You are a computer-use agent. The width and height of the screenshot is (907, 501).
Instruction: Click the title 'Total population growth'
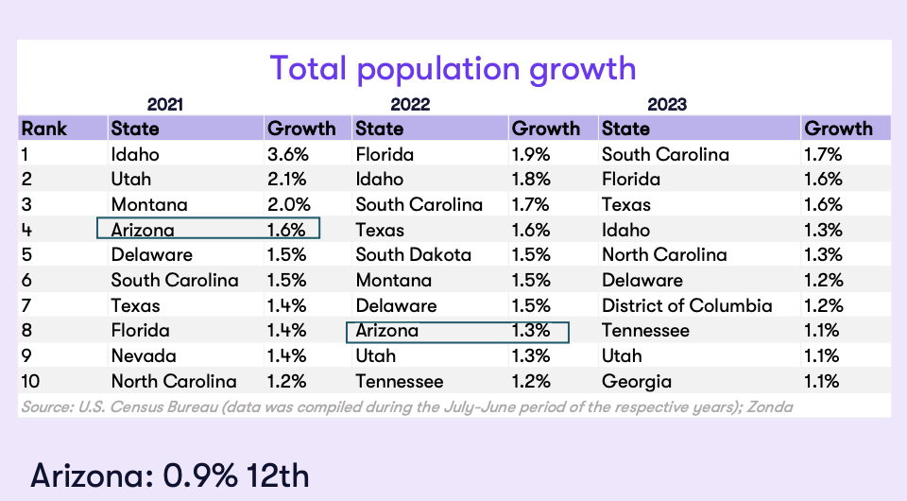[x=453, y=68]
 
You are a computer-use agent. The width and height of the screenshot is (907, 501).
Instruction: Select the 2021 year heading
[x=165, y=104]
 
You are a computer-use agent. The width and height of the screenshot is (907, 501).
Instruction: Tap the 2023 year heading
[x=668, y=104]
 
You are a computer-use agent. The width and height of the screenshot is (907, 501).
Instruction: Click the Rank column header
[x=44, y=129]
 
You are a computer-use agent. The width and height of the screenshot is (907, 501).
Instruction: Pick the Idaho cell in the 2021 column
[x=135, y=154]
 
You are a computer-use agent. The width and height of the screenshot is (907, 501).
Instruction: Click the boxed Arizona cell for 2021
[x=208, y=230]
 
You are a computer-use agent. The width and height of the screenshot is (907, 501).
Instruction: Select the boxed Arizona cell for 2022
[x=457, y=331]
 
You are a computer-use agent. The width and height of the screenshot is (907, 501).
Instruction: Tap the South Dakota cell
[x=413, y=255]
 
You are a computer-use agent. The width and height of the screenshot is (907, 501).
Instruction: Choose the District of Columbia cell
[x=687, y=305]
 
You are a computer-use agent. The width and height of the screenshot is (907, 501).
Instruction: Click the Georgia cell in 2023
[x=637, y=382]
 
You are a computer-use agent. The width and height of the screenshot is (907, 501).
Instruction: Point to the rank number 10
[x=30, y=382]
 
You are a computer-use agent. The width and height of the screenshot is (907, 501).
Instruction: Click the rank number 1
[x=26, y=154]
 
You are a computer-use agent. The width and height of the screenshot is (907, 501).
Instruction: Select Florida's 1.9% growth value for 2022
[x=532, y=154]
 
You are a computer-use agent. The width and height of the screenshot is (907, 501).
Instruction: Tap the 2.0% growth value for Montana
[x=287, y=204]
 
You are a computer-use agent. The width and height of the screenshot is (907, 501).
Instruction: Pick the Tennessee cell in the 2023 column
[x=644, y=331]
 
